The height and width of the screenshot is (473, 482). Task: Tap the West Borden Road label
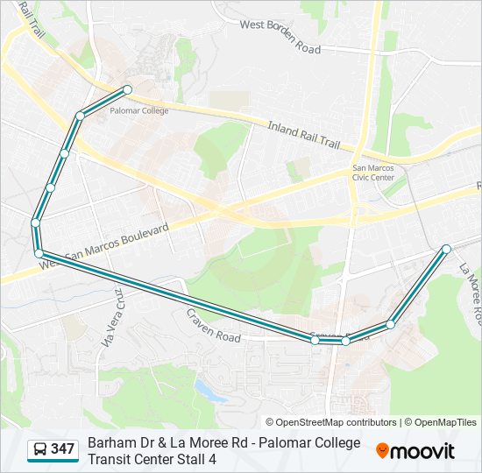[280, 37]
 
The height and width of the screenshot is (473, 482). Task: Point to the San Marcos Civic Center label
[373, 172]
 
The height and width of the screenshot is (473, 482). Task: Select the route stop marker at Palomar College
[127, 89]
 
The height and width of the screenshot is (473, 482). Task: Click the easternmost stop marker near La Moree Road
[446, 249]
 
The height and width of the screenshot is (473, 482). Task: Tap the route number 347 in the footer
[63, 449]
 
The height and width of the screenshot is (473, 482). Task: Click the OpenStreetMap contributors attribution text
[331, 422]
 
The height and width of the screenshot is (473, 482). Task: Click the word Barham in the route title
[111, 442]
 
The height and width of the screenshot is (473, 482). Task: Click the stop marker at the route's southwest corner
[39, 253]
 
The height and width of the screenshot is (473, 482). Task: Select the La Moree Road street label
[470, 293]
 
